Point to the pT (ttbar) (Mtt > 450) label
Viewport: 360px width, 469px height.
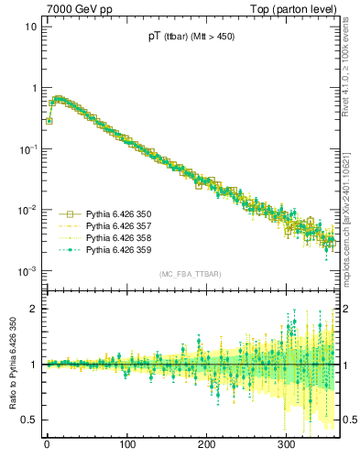[191, 38]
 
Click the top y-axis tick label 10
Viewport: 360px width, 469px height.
[29, 27]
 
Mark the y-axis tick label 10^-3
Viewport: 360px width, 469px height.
[27, 271]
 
